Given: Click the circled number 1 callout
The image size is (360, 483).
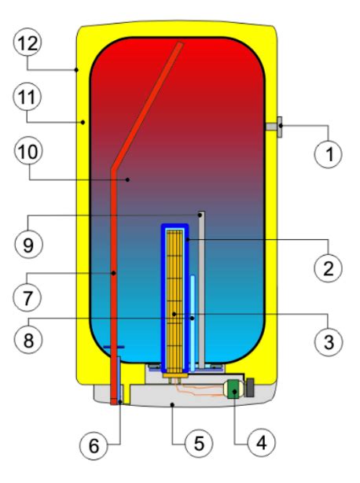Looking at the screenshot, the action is [x=329, y=154].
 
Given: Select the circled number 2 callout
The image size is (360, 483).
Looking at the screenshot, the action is [x=328, y=268].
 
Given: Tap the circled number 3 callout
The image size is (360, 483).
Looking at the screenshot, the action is [x=329, y=342].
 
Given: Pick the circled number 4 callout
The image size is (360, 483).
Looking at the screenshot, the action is [x=261, y=443].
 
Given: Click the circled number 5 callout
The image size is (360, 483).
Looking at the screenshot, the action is [x=199, y=444].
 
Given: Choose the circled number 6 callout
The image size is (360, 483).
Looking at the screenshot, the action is [x=94, y=445].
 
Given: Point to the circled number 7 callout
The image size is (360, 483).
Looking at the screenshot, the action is [x=28, y=297].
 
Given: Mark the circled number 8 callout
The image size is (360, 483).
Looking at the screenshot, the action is [x=28, y=340].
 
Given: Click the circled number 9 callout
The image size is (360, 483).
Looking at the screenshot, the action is [x=28, y=244].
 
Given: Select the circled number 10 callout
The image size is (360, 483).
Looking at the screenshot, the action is [x=28, y=151].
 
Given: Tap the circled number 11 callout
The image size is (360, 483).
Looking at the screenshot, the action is [x=27, y=97].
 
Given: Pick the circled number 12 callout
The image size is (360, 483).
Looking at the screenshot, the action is [x=28, y=42].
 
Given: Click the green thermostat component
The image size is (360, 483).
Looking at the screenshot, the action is [x=235, y=389].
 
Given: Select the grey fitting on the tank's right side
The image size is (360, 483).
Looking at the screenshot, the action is [x=274, y=127].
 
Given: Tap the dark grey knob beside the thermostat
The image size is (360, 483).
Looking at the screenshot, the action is [x=250, y=388].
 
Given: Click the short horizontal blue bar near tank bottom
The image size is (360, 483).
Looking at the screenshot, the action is [x=114, y=347].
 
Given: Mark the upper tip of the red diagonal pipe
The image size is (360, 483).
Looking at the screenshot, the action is [x=181, y=43].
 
